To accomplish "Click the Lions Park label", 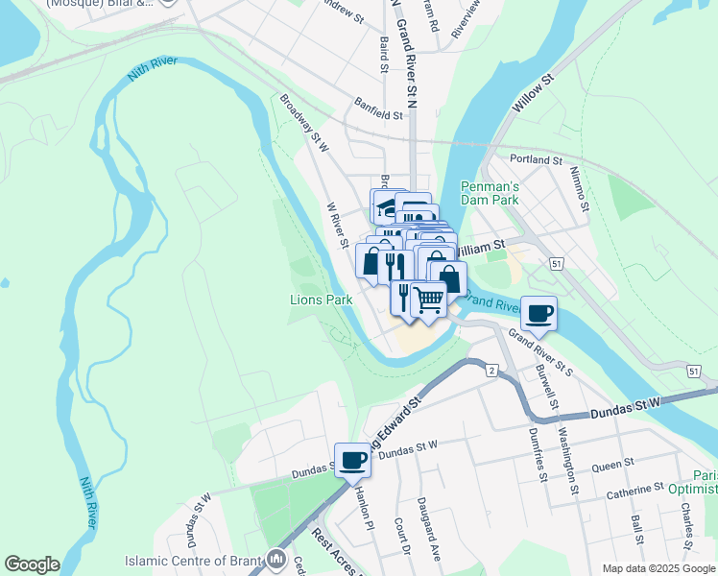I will click(x=321, y=300).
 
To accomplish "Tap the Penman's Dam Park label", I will click(x=490, y=193).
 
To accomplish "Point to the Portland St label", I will click(x=536, y=159).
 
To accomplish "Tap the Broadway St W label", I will click(x=304, y=122).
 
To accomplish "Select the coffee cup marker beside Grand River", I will click(x=539, y=312).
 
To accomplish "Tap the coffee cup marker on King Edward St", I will click(x=352, y=460).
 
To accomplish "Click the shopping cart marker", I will click(x=428, y=300).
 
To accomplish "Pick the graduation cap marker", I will click(x=386, y=205).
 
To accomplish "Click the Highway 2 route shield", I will click(x=491, y=371).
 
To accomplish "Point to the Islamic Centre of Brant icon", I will click(x=277, y=558).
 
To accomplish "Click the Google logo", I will click(x=32, y=564).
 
